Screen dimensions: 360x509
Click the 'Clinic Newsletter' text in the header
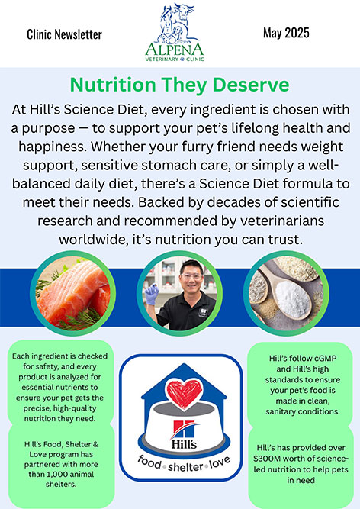[64, 34]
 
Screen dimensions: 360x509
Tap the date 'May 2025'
[286, 33]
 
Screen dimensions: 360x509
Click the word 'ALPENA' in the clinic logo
[175, 50]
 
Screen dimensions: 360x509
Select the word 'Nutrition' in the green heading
[113, 85]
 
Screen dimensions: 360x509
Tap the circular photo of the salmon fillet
[72, 293]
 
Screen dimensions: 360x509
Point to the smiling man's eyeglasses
[191, 276]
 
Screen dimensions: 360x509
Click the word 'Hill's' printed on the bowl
[184, 443]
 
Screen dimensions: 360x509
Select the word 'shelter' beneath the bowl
[185, 467]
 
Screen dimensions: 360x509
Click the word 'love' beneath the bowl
[220, 462]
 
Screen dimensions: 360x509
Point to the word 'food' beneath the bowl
[149, 462]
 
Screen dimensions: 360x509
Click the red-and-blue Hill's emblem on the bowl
[185, 429]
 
